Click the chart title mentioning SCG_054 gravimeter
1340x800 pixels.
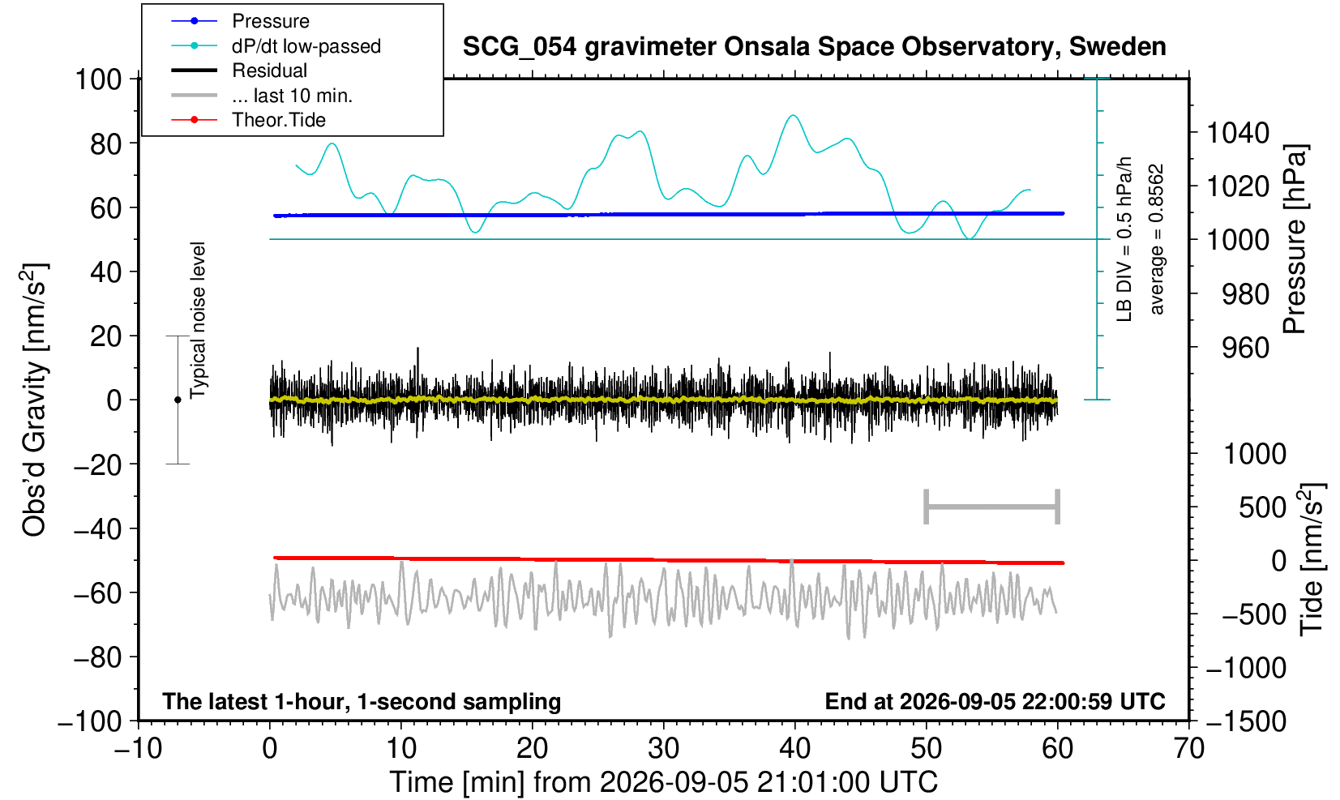point(814,47)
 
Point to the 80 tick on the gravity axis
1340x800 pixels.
point(106,144)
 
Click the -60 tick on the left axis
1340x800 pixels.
point(97,593)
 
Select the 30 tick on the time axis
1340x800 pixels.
point(663,749)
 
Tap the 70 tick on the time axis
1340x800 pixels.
point(1188,749)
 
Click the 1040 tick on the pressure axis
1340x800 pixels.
point(1237,133)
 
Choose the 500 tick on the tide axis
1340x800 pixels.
point(1262,508)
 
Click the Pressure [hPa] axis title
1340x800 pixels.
point(1295,239)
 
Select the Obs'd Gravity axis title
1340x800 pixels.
point(33,400)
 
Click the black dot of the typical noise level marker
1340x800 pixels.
point(178,400)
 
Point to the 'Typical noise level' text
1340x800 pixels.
point(198,321)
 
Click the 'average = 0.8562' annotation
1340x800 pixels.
point(1156,239)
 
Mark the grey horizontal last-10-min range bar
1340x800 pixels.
point(992,507)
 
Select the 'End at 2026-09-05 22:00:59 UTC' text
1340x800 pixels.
point(995,701)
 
